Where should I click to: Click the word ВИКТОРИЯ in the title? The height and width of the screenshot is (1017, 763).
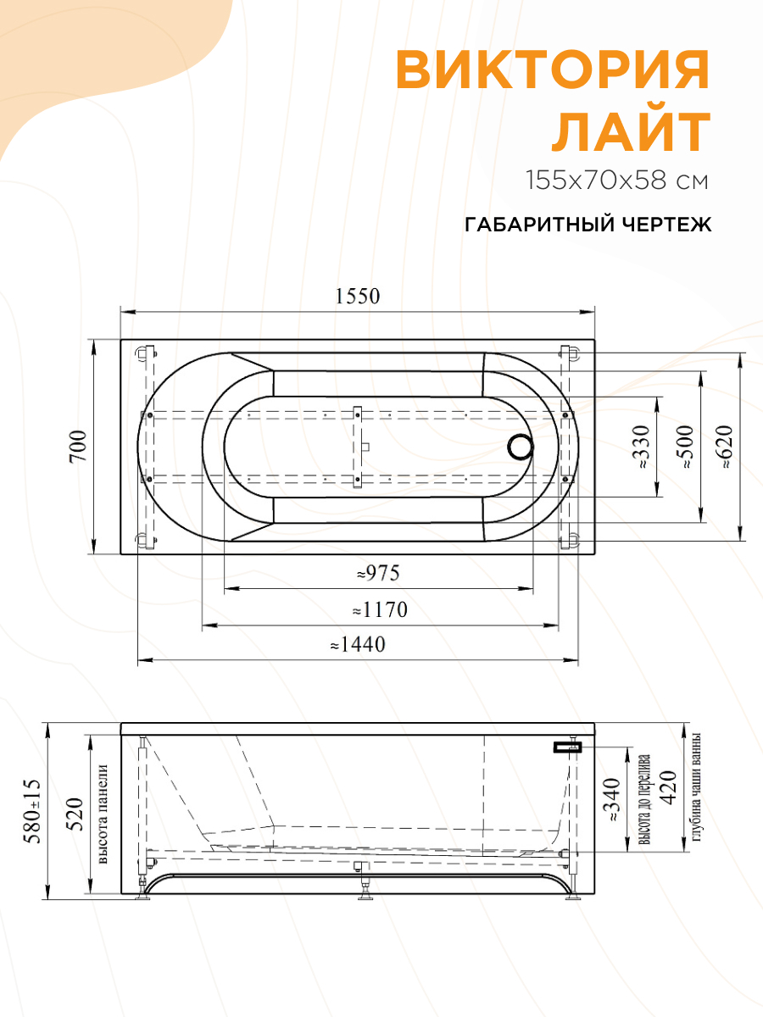(x=552, y=70)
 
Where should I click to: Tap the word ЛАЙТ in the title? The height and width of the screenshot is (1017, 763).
(x=631, y=131)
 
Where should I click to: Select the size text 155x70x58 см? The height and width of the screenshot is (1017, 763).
(x=617, y=181)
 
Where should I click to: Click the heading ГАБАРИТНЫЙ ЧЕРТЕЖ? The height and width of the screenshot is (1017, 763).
(x=588, y=225)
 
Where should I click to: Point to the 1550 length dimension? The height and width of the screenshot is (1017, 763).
(x=357, y=297)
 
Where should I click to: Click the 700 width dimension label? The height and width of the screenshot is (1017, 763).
(x=78, y=446)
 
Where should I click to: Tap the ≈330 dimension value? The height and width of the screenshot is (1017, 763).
(x=642, y=447)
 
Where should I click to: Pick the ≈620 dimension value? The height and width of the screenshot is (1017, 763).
(x=724, y=447)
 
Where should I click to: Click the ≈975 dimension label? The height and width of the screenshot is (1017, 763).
(x=378, y=574)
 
